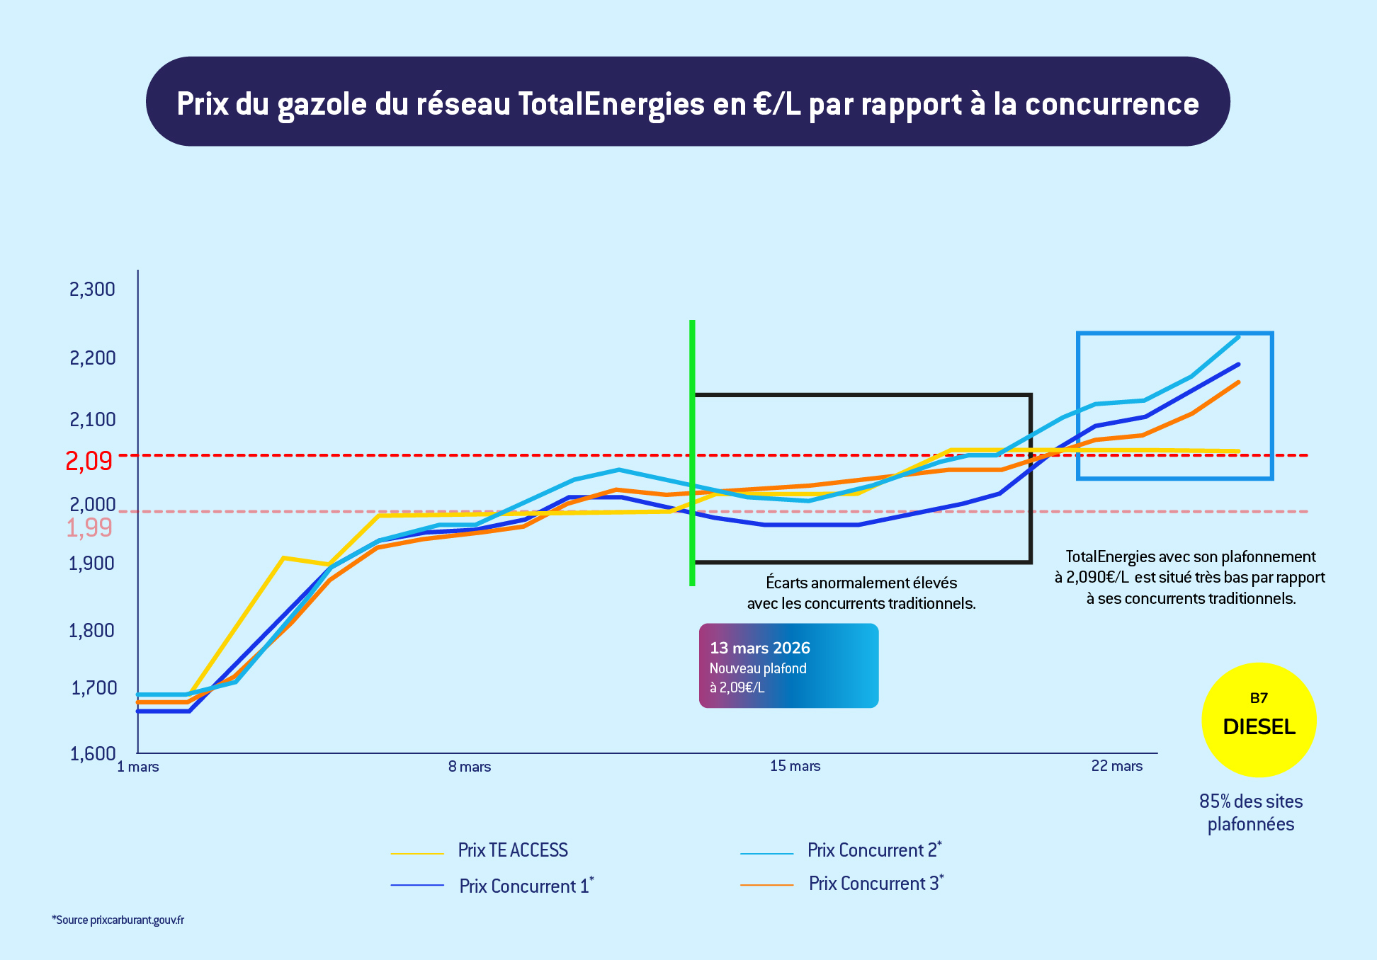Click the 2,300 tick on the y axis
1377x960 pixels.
pyautogui.click(x=92, y=289)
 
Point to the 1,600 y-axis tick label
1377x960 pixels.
pyautogui.click(x=92, y=753)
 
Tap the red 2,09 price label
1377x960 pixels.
pyautogui.click(x=89, y=461)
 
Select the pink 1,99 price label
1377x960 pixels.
pyautogui.click(x=89, y=527)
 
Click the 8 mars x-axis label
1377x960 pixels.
pyautogui.click(x=470, y=767)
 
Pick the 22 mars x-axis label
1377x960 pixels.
pyautogui.click(x=1117, y=766)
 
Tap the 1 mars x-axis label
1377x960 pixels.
pyautogui.click(x=138, y=767)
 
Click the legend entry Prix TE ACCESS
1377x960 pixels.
pyautogui.click(x=513, y=850)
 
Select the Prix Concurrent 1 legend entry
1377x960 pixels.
pyautogui.click(x=524, y=886)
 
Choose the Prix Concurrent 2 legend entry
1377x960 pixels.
pyautogui.click(x=873, y=850)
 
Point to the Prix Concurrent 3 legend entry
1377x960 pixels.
pyautogui.click(x=874, y=884)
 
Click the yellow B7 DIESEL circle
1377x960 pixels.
pyautogui.click(x=1259, y=719)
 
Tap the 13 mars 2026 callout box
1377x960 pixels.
pyautogui.click(x=788, y=665)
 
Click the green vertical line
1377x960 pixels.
pyautogui.click(x=692, y=453)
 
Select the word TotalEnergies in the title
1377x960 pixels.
pyautogui.click(x=611, y=104)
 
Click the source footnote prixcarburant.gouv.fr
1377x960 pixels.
pyautogui.click(x=118, y=920)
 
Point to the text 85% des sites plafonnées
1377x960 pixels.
pyautogui.click(x=1251, y=813)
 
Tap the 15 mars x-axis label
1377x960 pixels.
pyautogui.click(x=795, y=766)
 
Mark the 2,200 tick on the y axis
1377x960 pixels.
pyautogui.click(x=92, y=358)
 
